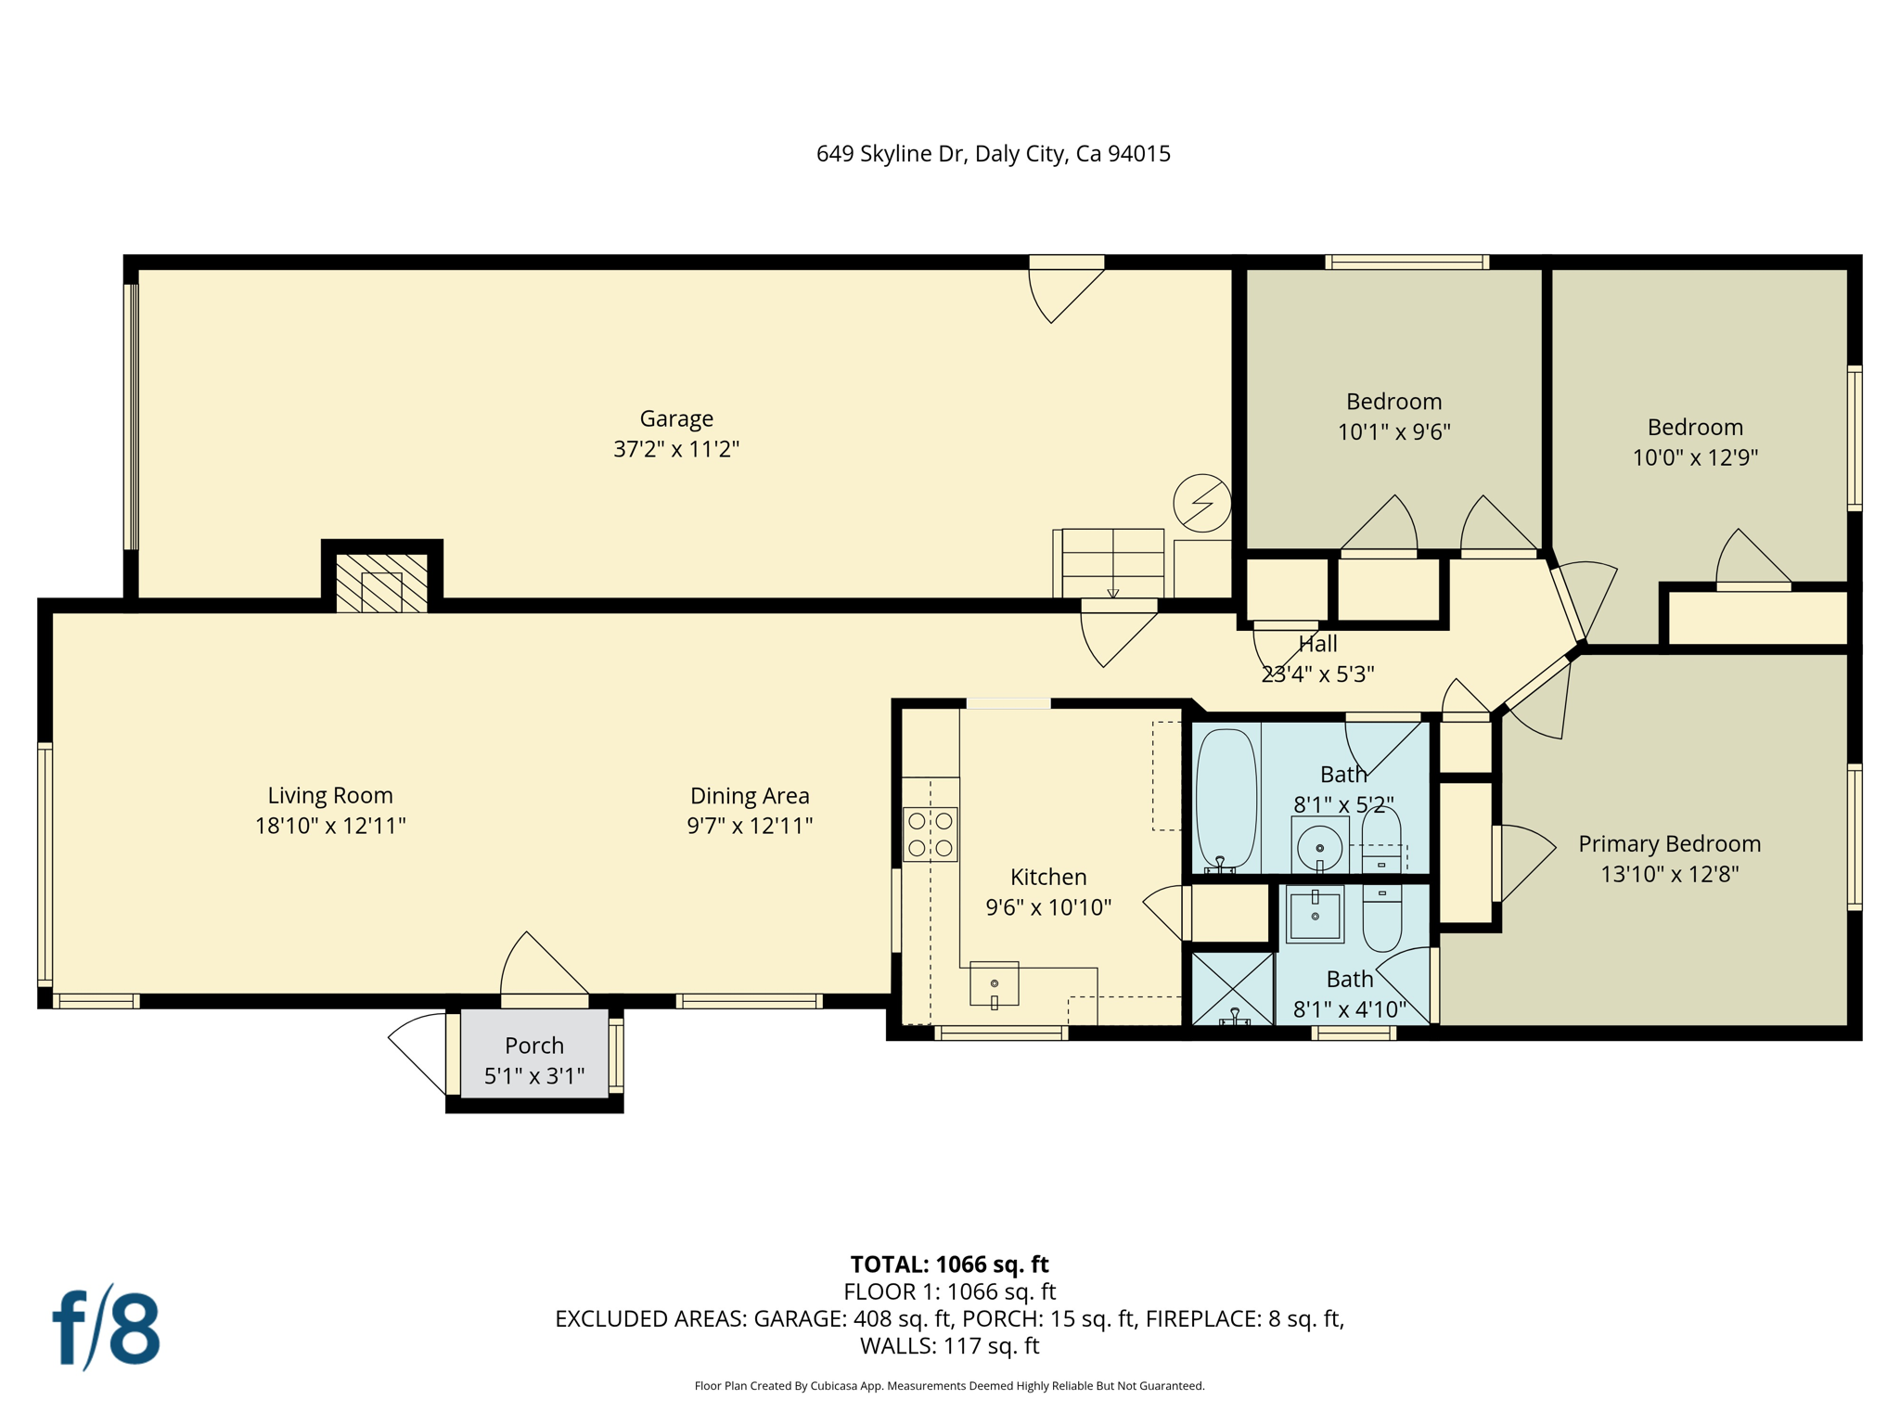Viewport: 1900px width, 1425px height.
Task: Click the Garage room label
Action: pyautogui.click(x=676, y=418)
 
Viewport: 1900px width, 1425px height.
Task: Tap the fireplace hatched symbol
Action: pyautogui.click(x=381, y=584)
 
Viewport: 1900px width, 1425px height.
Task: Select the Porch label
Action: pyautogui.click(x=534, y=1046)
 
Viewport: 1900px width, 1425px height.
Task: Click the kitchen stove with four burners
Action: pyautogui.click(x=931, y=834)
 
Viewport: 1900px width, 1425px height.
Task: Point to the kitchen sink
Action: pyautogui.click(x=995, y=983)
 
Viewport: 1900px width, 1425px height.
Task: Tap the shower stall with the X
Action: pyautogui.click(x=1233, y=989)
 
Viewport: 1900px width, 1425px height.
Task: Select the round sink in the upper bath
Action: pyautogui.click(x=1319, y=846)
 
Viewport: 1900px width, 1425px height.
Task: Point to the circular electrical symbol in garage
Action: pyautogui.click(x=1202, y=503)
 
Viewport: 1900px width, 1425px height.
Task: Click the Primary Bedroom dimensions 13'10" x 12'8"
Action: pyautogui.click(x=1670, y=874)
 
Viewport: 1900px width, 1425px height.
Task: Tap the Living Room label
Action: pyautogui.click(x=330, y=795)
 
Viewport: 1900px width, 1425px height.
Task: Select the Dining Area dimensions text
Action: pyautogui.click(x=750, y=826)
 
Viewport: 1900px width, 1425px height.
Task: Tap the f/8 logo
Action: pyautogui.click(x=106, y=1328)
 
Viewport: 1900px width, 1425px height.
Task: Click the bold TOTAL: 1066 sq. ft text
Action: pyautogui.click(x=950, y=1265)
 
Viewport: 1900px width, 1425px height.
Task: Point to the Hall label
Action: pyautogui.click(x=1318, y=644)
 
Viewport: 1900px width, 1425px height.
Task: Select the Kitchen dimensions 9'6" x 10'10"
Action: pyautogui.click(x=1048, y=907)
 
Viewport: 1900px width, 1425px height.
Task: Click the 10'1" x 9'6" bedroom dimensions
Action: pyautogui.click(x=1394, y=432)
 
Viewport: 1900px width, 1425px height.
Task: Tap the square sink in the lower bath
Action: pyautogui.click(x=1315, y=915)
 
